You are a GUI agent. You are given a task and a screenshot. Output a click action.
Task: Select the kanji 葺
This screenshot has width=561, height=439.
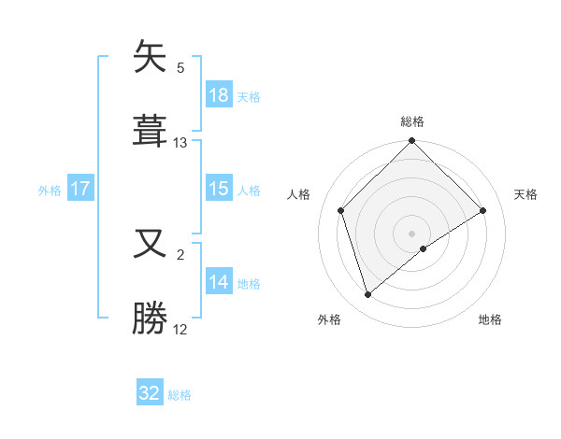(151, 131)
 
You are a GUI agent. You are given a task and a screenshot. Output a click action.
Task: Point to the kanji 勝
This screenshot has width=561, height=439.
(151, 318)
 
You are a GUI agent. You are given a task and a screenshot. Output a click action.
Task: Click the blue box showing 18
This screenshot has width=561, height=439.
(219, 95)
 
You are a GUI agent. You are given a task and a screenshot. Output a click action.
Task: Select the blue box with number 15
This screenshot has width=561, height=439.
(219, 189)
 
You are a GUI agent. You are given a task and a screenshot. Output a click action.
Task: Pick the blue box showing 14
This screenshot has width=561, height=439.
(219, 282)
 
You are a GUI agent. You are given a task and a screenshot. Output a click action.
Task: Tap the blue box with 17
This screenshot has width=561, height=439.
(80, 189)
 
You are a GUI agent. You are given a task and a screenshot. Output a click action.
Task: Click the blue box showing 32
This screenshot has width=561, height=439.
(150, 393)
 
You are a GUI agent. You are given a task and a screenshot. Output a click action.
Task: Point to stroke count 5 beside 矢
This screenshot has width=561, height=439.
(180, 67)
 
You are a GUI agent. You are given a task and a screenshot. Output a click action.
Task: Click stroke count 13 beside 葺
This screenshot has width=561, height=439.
(180, 143)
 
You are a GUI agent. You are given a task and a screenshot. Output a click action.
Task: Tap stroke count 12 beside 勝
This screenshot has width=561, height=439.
(180, 329)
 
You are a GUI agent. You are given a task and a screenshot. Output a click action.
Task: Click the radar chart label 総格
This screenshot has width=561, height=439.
(412, 121)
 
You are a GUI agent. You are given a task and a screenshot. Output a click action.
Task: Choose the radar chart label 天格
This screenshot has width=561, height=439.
(525, 194)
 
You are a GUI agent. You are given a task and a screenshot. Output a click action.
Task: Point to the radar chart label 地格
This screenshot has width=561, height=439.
(490, 319)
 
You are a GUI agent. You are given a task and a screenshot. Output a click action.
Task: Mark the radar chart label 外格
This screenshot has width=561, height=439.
(329, 319)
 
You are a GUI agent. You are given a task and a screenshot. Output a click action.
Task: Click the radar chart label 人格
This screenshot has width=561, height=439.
(299, 194)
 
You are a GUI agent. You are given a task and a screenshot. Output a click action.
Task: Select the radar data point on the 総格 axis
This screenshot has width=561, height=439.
(411, 142)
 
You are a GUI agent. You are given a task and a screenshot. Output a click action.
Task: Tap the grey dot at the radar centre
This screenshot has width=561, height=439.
(411, 233)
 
